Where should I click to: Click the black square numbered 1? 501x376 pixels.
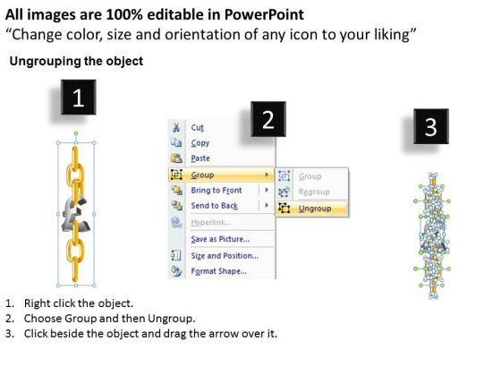[x=79, y=98]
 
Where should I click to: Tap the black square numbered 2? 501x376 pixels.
[x=268, y=119]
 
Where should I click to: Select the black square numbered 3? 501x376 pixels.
[x=431, y=126]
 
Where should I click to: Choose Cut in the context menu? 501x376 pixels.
[x=197, y=127]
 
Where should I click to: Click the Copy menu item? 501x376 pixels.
[x=200, y=143]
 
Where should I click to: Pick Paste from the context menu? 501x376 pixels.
[x=200, y=158]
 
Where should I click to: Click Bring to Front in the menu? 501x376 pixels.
[x=217, y=190]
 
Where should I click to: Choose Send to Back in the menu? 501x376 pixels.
[x=214, y=206]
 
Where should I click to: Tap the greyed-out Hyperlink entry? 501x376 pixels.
[x=211, y=222]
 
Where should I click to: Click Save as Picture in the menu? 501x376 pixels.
[x=220, y=239]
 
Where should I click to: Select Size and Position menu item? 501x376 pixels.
[x=225, y=256]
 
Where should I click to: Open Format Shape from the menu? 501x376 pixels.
[x=218, y=271]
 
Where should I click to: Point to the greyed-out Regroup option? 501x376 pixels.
[x=314, y=192]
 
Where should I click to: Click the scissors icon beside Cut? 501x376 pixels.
[x=175, y=127]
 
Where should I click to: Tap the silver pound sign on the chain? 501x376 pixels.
[x=76, y=214]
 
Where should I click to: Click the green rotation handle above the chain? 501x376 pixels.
[x=76, y=133]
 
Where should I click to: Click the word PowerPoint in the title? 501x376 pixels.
[x=264, y=14]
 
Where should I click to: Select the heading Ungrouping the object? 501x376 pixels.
[x=76, y=61]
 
